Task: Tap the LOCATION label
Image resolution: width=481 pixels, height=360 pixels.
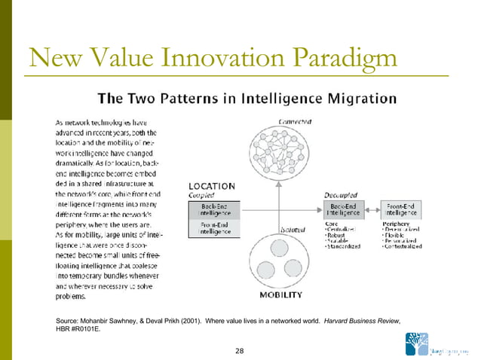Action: [x=211, y=186]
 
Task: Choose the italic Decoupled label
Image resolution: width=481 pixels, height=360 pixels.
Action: [x=342, y=194]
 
